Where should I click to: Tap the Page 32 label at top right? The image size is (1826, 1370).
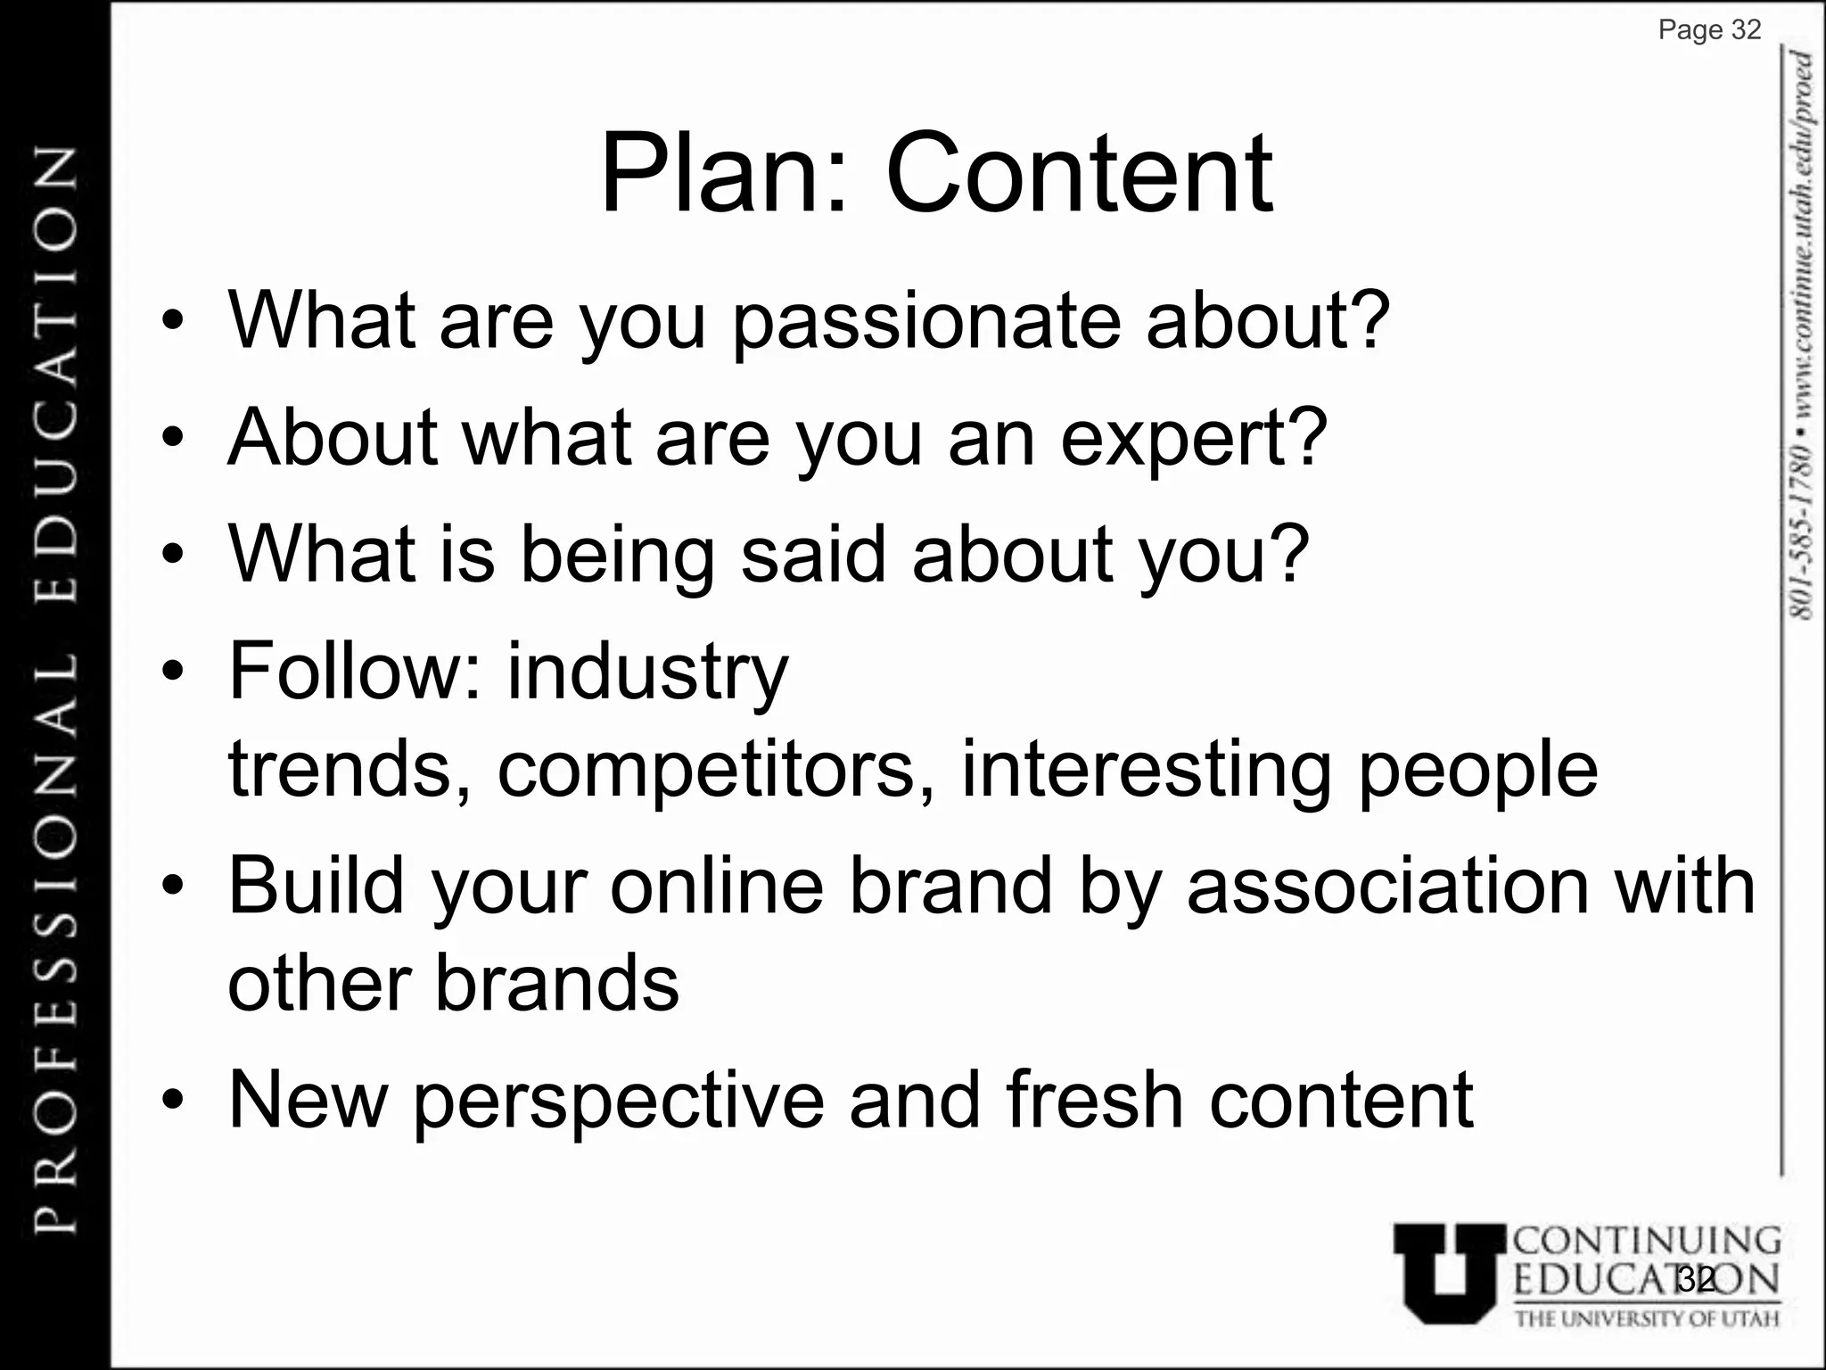[1709, 30]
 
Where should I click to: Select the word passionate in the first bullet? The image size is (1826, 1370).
[925, 323]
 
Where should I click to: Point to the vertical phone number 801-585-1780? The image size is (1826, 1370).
[1801, 531]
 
